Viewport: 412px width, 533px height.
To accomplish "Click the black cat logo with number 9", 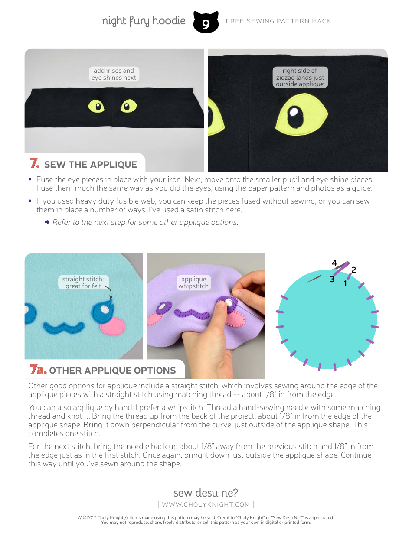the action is (206, 22).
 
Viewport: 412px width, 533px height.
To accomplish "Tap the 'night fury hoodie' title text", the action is (144, 21).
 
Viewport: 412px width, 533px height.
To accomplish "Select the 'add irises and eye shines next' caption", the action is (114, 74).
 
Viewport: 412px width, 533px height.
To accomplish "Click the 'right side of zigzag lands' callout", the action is (300, 77).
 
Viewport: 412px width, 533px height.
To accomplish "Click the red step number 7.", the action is (34, 163).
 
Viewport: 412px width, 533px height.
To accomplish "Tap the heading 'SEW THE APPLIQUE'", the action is (91, 165).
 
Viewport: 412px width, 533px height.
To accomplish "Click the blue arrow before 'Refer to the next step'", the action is (47, 222).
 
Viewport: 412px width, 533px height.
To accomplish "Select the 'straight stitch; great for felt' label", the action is (83, 283).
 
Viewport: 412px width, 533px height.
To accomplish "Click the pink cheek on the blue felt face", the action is (113, 326).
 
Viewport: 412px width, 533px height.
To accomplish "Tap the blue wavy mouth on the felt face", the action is (64, 328).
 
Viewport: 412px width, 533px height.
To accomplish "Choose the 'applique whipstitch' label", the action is (193, 283).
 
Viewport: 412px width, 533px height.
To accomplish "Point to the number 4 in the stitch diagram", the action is (334, 263).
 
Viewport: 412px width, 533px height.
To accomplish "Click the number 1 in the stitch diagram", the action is (345, 283).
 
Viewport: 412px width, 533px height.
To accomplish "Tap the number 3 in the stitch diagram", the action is (332, 279).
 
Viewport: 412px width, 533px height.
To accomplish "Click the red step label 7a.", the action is (38, 369).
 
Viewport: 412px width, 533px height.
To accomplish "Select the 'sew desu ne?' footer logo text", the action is (206, 493).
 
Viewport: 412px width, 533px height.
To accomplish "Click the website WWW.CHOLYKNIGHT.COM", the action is (206, 504).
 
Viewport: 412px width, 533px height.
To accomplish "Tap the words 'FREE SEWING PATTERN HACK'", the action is (278, 21).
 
